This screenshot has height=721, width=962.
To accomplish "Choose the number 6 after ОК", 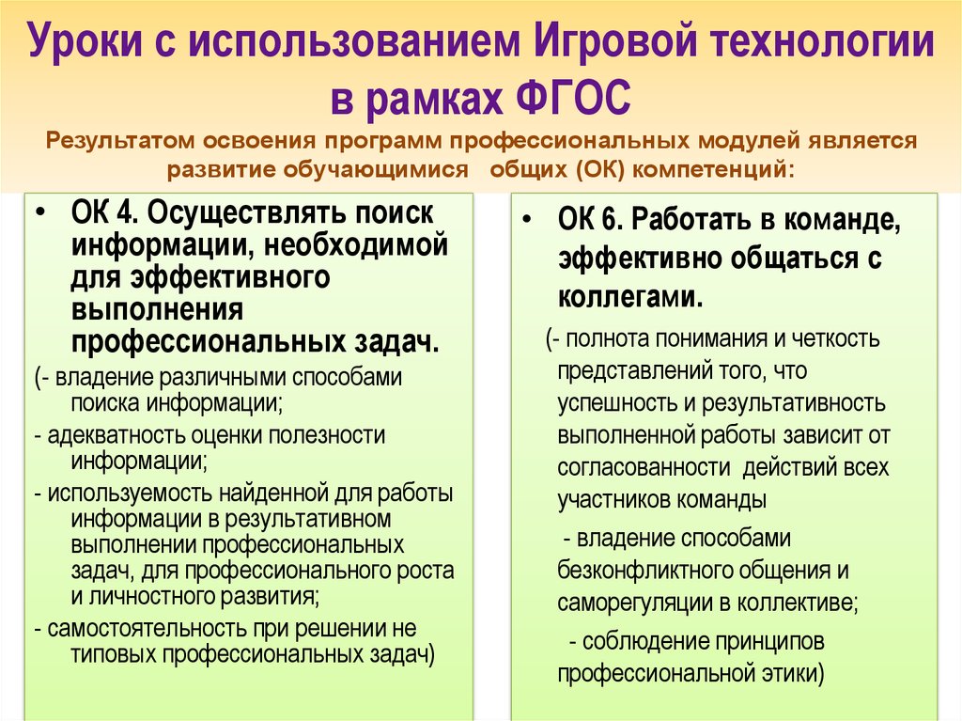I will pos(610,220).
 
